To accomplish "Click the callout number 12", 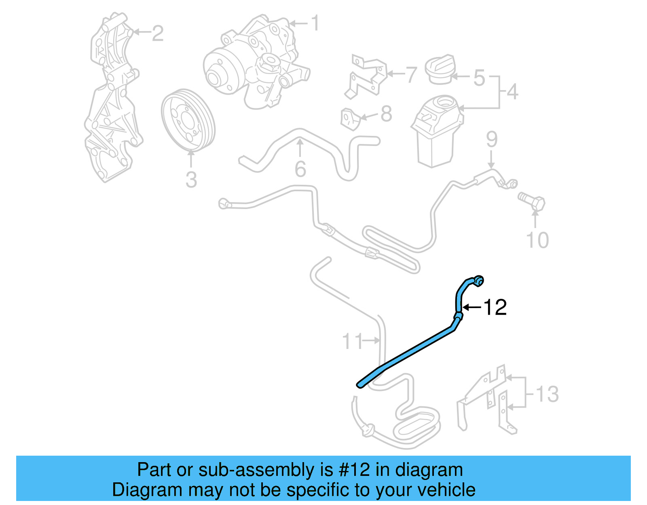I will (495, 308).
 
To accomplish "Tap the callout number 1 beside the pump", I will (315, 23).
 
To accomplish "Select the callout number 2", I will (158, 33).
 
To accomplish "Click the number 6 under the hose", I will (300, 169).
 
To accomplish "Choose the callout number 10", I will (537, 240).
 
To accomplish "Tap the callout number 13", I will (547, 394).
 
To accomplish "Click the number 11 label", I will (352, 341).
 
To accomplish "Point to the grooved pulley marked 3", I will (188, 121).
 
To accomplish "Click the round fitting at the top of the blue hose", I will (479, 280).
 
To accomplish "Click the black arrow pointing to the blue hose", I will (472, 308).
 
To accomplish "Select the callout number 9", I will (492, 139).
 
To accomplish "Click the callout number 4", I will (512, 92).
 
